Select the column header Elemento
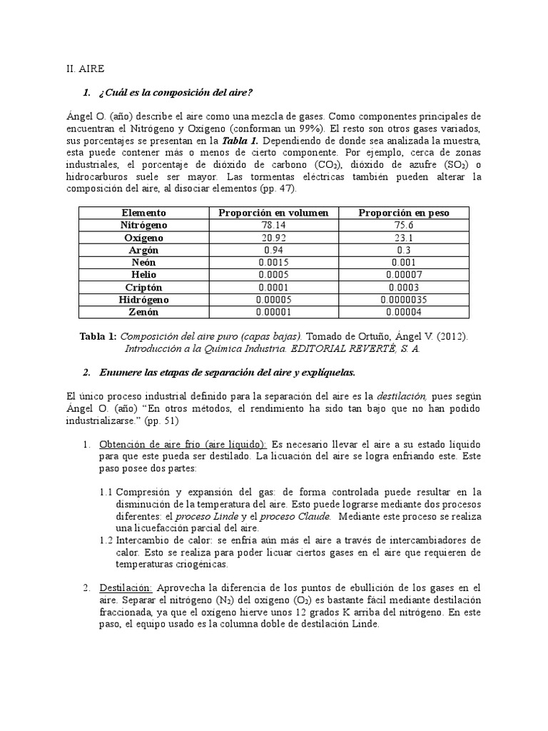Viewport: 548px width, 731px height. tap(143, 213)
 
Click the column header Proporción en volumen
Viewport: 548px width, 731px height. tap(273, 213)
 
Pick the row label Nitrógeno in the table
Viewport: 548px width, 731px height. tap(143, 225)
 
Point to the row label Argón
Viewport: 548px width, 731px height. tap(143, 250)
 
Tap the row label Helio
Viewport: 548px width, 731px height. tap(143, 275)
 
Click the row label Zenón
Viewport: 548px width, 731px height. tap(143, 312)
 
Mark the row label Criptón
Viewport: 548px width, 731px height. tap(143, 287)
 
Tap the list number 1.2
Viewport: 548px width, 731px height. tap(106, 540)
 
